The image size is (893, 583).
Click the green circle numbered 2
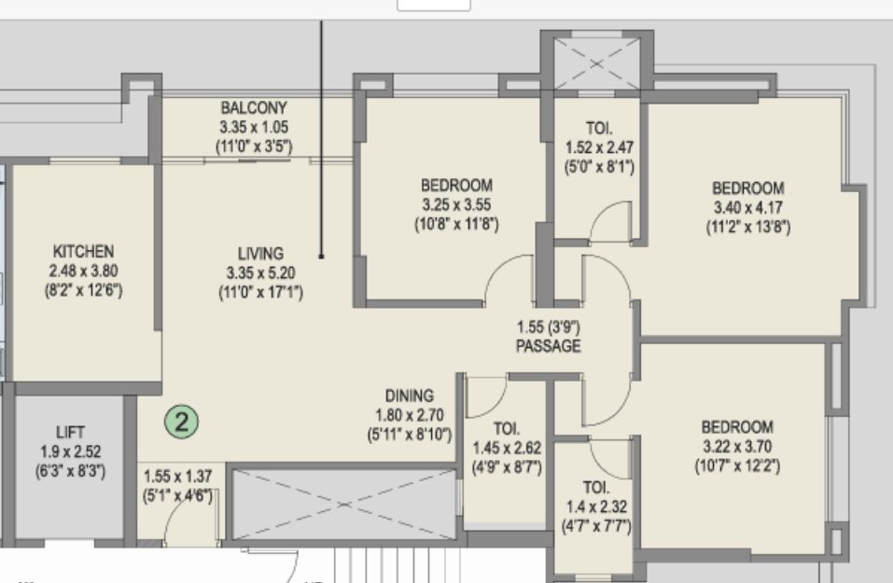182,422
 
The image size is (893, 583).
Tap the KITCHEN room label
83,251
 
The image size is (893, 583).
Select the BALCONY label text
254,107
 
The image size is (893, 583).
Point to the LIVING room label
261,254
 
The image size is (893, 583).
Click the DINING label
410,396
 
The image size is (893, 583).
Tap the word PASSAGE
549,346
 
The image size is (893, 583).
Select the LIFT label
71,432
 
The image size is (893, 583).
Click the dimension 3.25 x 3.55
456,204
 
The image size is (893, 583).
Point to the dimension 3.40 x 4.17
748,207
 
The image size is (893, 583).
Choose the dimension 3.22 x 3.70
737,447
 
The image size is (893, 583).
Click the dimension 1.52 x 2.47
599,147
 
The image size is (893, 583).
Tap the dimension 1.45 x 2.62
507,448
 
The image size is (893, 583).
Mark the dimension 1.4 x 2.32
596,507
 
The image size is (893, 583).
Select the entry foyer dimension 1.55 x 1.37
177,476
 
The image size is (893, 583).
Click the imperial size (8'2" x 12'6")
84,290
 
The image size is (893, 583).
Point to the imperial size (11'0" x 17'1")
261,293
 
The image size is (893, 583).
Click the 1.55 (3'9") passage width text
549,327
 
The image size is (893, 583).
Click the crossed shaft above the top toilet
596,63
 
